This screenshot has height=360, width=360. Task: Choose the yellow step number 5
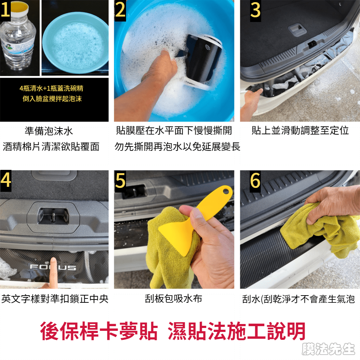(x=120, y=180)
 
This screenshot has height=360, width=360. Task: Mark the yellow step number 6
(x=255, y=180)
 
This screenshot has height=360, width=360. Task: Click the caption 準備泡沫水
(x=49, y=131)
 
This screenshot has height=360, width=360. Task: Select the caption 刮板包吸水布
(x=174, y=299)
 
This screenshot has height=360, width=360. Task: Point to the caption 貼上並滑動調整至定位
(x=300, y=130)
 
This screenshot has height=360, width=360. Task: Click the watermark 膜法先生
(x=329, y=349)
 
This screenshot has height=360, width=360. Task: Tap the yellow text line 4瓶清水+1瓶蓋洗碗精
(x=51, y=88)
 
